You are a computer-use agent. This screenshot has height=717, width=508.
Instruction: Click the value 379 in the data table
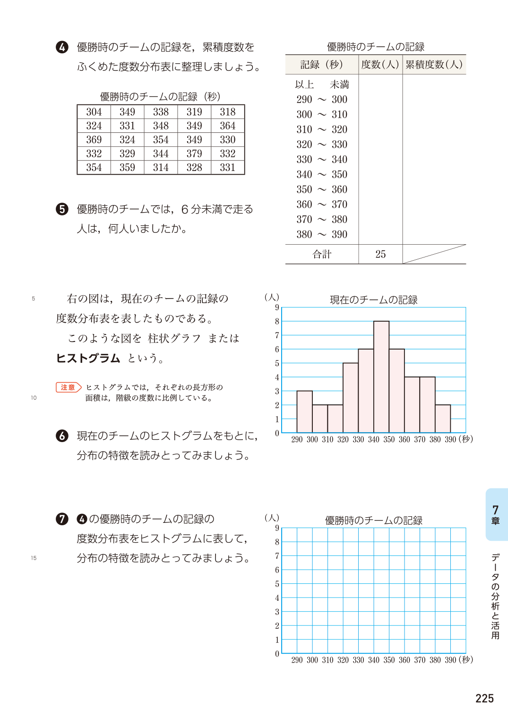coord(194,154)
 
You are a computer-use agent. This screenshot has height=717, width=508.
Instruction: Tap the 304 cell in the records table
coord(94,112)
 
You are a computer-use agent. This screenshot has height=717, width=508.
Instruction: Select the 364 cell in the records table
coord(227,126)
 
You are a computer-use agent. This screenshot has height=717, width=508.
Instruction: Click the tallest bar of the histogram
coord(381,377)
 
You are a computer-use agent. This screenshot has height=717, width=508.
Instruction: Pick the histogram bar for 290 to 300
coord(304,411)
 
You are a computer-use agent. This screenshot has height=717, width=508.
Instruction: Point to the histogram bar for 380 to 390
coord(443,418)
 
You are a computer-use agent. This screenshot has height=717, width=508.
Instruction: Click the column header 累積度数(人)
coord(434,65)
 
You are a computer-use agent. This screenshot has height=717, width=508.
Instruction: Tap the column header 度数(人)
coord(380,65)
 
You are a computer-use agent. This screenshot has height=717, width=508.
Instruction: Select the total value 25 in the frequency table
coord(380,254)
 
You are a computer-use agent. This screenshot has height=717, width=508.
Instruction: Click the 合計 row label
coord(322,254)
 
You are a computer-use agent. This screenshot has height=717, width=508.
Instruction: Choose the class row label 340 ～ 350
coord(322,174)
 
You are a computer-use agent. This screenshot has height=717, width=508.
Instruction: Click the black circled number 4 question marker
coord(62,47)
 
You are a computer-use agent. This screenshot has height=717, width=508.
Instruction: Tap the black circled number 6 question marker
coord(62,435)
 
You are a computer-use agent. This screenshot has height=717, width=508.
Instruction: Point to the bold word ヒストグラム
coord(88,358)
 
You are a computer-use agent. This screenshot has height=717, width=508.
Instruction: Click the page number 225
coord(484,699)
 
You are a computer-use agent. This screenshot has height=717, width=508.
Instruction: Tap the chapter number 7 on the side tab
coord(495,510)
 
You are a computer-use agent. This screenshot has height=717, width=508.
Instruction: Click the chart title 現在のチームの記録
coord(373,300)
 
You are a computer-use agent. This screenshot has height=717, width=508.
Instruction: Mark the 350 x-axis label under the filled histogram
coord(389,439)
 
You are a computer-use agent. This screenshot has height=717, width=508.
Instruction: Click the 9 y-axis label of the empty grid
coord(277,528)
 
